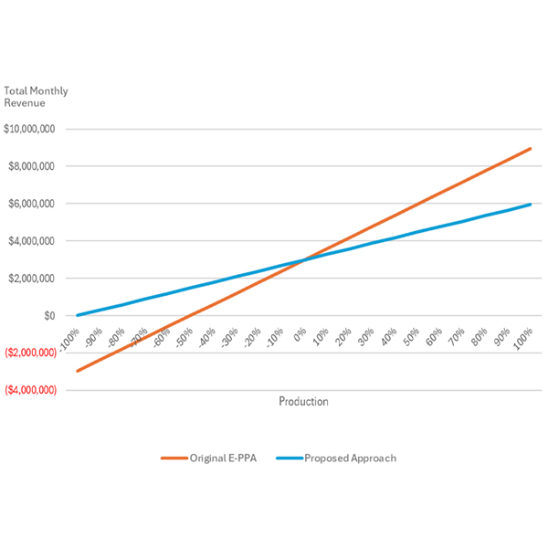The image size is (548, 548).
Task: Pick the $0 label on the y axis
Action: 48,316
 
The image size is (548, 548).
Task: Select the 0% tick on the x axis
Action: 298,329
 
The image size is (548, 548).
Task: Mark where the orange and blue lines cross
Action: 303,259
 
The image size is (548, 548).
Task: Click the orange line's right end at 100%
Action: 530,148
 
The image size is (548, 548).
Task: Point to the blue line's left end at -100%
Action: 78,315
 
